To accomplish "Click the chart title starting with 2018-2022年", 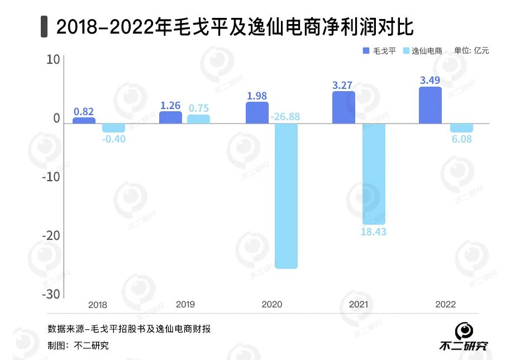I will (x=235, y=26).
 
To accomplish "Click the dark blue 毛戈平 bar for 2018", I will (x=84, y=120).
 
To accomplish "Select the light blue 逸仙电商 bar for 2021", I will (x=374, y=173).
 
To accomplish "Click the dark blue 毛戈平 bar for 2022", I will (x=430, y=105).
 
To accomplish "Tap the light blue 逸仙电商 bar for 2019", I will (x=198, y=119).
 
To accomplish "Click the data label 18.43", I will (x=374, y=231).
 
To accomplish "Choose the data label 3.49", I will (x=430, y=80).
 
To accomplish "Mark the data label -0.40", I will (x=114, y=139).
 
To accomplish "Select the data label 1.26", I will (x=170, y=105).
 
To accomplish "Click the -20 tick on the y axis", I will (x=51, y=235).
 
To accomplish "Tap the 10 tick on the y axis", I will (x=53, y=59).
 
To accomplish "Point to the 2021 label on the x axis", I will (x=357, y=305).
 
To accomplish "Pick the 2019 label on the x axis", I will (x=185, y=305).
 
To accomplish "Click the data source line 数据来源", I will (x=129, y=329).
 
